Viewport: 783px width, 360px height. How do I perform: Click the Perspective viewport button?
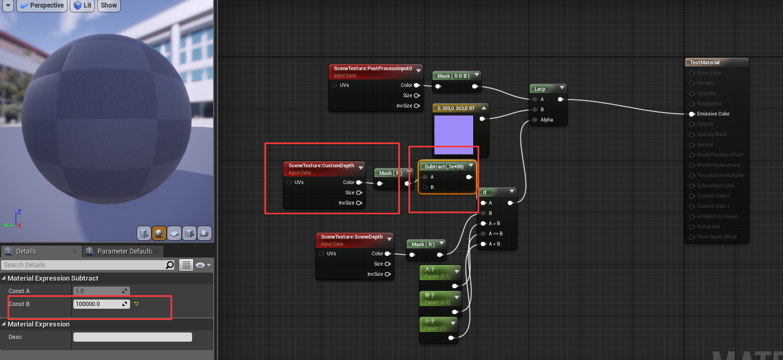(42, 5)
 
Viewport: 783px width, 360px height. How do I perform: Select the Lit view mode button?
(82, 5)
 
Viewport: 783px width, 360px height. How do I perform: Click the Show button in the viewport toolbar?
(108, 5)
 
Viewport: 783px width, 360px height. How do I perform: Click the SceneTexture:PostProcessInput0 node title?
(372, 69)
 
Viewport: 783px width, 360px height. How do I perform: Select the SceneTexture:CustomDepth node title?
(321, 166)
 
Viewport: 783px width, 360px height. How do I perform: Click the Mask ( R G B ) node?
(453, 76)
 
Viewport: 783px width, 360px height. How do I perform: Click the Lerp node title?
(540, 89)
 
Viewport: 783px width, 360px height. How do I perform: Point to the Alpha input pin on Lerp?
(535, 120)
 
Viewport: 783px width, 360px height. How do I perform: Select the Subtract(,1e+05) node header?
(444, 167)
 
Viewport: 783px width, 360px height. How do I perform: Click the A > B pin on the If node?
(484, 223)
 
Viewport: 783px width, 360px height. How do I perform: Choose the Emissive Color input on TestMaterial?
(692, 114)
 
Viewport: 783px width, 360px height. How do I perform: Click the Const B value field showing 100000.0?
(98, 304)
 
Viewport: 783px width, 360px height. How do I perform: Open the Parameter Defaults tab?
(124, 252)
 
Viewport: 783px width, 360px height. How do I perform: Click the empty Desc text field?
(132, 337)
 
